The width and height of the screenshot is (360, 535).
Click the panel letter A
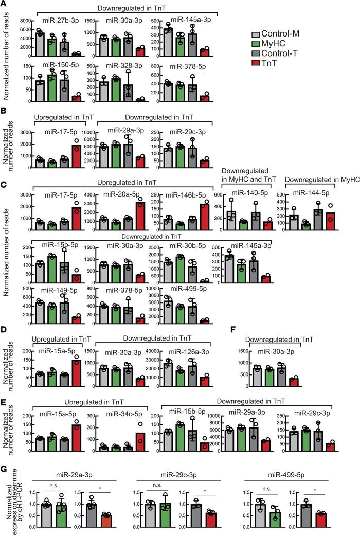(x=4, y=5)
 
